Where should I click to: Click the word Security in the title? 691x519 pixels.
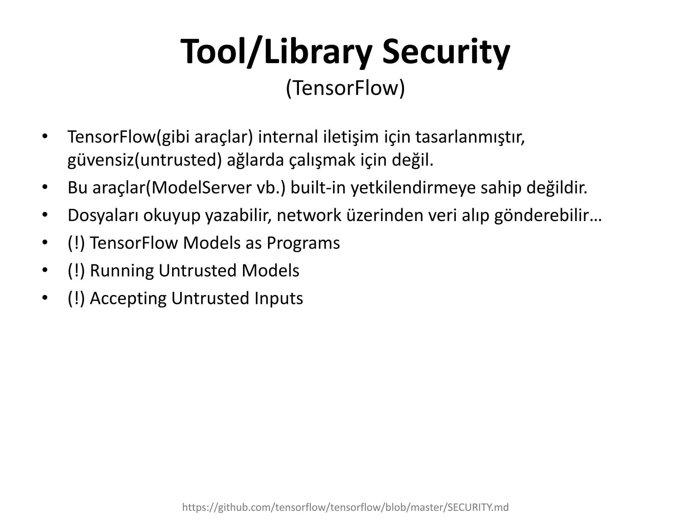[446, 53]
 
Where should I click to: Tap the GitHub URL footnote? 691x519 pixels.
[345, 507]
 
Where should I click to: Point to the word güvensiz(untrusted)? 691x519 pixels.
[145, 160]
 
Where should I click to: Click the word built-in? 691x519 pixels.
[318, 188]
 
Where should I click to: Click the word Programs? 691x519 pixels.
[303, 243]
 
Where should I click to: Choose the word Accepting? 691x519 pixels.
[128, 298]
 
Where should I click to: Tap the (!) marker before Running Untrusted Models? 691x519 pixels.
[76, 271]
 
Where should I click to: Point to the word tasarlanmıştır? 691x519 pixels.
[470, 137]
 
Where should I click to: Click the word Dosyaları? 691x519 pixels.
[103, 215]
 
